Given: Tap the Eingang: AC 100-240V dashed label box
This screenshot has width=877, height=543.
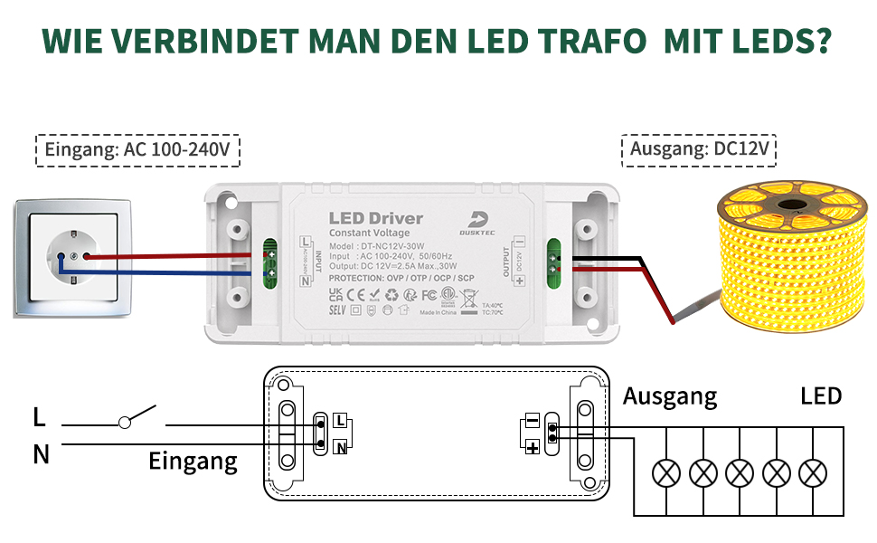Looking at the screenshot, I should [x=137, y=150].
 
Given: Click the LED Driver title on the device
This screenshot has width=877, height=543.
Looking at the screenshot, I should [x=375, y=218].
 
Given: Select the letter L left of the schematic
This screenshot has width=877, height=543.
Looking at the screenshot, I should [x=39, y=417].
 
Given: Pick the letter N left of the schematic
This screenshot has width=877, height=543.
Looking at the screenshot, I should [x=41, y=454].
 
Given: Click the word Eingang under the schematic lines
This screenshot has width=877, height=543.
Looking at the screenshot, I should [x=193, y=462].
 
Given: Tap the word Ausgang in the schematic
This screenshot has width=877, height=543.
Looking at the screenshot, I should [x=670, y=396].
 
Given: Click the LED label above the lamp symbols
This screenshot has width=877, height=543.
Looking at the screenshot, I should [x=821, y=396].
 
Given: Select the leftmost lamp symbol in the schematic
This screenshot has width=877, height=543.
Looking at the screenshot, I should [x=667, y=472].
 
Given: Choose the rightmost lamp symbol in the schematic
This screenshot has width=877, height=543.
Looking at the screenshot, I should [x=815, y=472].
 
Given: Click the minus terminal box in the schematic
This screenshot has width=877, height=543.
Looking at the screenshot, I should [x=532, y=421].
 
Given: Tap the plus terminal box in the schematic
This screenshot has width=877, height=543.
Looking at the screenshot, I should [x=533, y=447].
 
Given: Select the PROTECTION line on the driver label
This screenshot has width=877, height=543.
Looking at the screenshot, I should [x=401, y=277].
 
